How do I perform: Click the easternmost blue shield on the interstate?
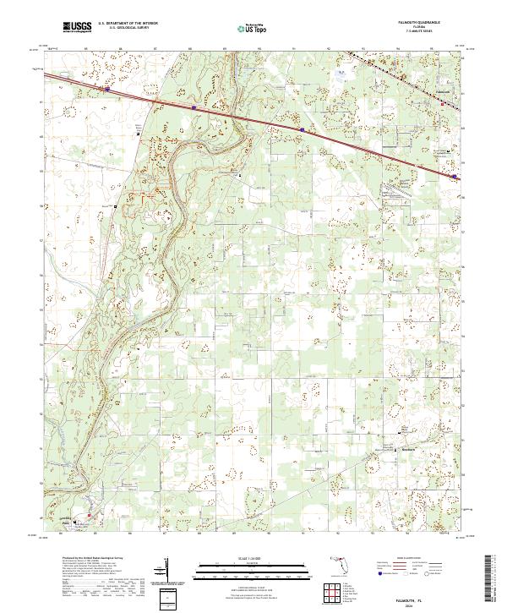tap(455, 177)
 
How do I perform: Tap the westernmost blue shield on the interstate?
tap(107, 87)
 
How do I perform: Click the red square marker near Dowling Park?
tap(85, 513)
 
